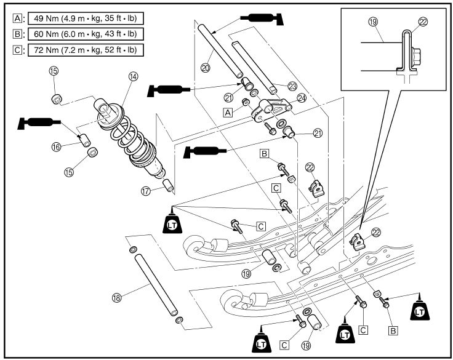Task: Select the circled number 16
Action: pos(56,146)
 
